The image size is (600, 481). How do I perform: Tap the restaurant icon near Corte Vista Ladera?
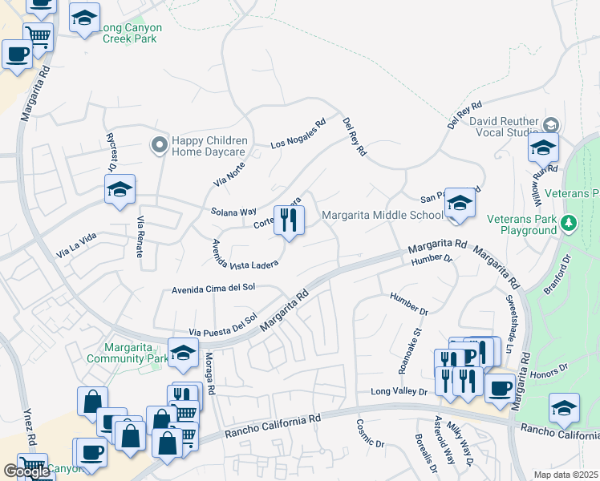tap(289, 219)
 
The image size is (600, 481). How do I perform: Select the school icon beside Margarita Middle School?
tap(460, 204)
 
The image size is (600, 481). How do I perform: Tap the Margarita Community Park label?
tap(136, 353)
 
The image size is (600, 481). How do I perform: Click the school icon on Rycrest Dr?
tap(120, 190)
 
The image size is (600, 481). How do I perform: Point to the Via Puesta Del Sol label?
tap(222, 325)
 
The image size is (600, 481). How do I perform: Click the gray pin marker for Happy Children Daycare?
tap(158, 145)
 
